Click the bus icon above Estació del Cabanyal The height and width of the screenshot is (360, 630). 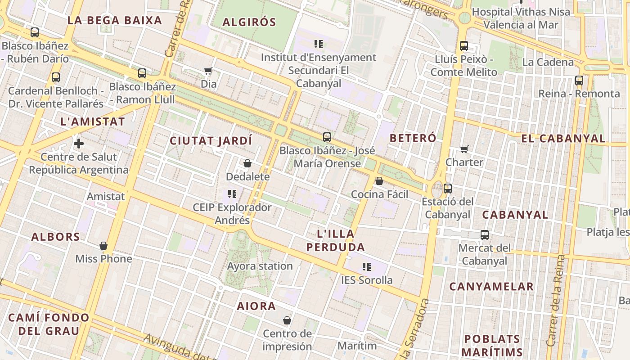(x=447, y=189)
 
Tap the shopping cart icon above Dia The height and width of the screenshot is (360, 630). (x=208, y=71)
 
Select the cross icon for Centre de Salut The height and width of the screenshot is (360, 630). (x=79, y=144)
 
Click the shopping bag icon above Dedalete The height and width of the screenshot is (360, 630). (x=247, y=163)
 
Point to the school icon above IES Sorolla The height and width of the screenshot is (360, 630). (x=367, y=267)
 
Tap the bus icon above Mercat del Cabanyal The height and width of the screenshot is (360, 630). (x=485, y=235)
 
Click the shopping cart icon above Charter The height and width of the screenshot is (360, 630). (x=464, y=149)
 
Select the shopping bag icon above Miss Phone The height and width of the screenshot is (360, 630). (x=103, y=246)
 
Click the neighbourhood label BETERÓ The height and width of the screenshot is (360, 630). (x=413, y=138)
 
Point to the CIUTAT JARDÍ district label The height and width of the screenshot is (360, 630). (x=211, y=141)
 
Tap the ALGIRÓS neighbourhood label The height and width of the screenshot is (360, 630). (x=249, y=22)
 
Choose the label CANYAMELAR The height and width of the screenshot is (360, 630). (x=491, y=286)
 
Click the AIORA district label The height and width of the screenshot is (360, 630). (x=256, y=306)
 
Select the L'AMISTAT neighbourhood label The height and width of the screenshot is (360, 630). (x=92, y=121)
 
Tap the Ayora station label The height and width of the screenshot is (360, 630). (x=260, y=266)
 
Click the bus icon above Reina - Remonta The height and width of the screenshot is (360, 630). (x=579, y=81)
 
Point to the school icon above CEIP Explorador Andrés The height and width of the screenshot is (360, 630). (x=232, y=194)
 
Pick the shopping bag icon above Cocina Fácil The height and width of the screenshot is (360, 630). (x=379, y=181)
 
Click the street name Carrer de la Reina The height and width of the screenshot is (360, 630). (x=555, y=301)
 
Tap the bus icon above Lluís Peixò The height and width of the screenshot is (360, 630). (x=464, y=46)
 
